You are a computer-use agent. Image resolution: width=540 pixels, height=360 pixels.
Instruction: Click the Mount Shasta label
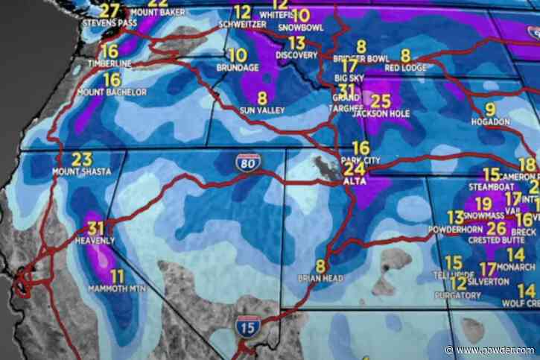tap(81, 171)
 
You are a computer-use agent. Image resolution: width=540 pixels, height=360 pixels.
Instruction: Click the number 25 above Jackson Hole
tap(381, 102)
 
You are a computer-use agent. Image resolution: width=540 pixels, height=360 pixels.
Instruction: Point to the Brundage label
tap(238, 67)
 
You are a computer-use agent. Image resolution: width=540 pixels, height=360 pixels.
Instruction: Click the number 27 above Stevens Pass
tap(109, 10)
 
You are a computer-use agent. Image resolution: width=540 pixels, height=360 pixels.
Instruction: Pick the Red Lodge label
tap(405, 67)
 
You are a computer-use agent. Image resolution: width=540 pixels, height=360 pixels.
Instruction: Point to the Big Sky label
tap(349, 77)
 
